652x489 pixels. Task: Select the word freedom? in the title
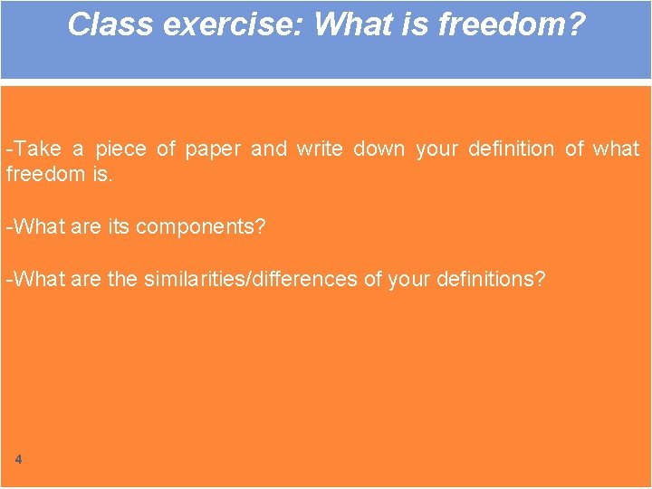point(512,24)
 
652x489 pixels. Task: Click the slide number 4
point(18,459)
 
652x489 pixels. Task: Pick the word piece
point(120,149)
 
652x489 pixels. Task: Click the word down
point(379,149)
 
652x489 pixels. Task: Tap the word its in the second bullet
point(118,226)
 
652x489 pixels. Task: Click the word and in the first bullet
point(268,149)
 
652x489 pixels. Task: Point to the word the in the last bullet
point(122,279)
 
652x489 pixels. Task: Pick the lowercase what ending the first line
point(616,149)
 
